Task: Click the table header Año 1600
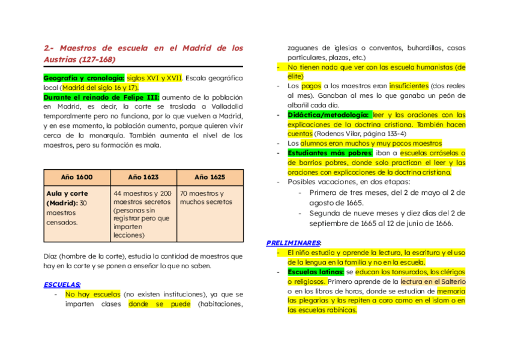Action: click(77, 177)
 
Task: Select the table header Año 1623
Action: click(143, 177)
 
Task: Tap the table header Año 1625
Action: click(209, 177)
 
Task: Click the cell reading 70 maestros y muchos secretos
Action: click(202, 198)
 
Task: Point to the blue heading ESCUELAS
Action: click(62, 284)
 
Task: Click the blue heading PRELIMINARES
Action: click(294, 243)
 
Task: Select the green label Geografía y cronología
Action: click(83, 78)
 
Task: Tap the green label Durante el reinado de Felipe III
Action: click(101, 97)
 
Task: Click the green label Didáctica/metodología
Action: click(328, 115)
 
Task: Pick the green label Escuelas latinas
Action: click(315, 272)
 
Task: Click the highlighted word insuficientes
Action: click(408, 86)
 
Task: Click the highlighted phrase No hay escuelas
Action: click(92, 295)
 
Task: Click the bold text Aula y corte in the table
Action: click(67, 194)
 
